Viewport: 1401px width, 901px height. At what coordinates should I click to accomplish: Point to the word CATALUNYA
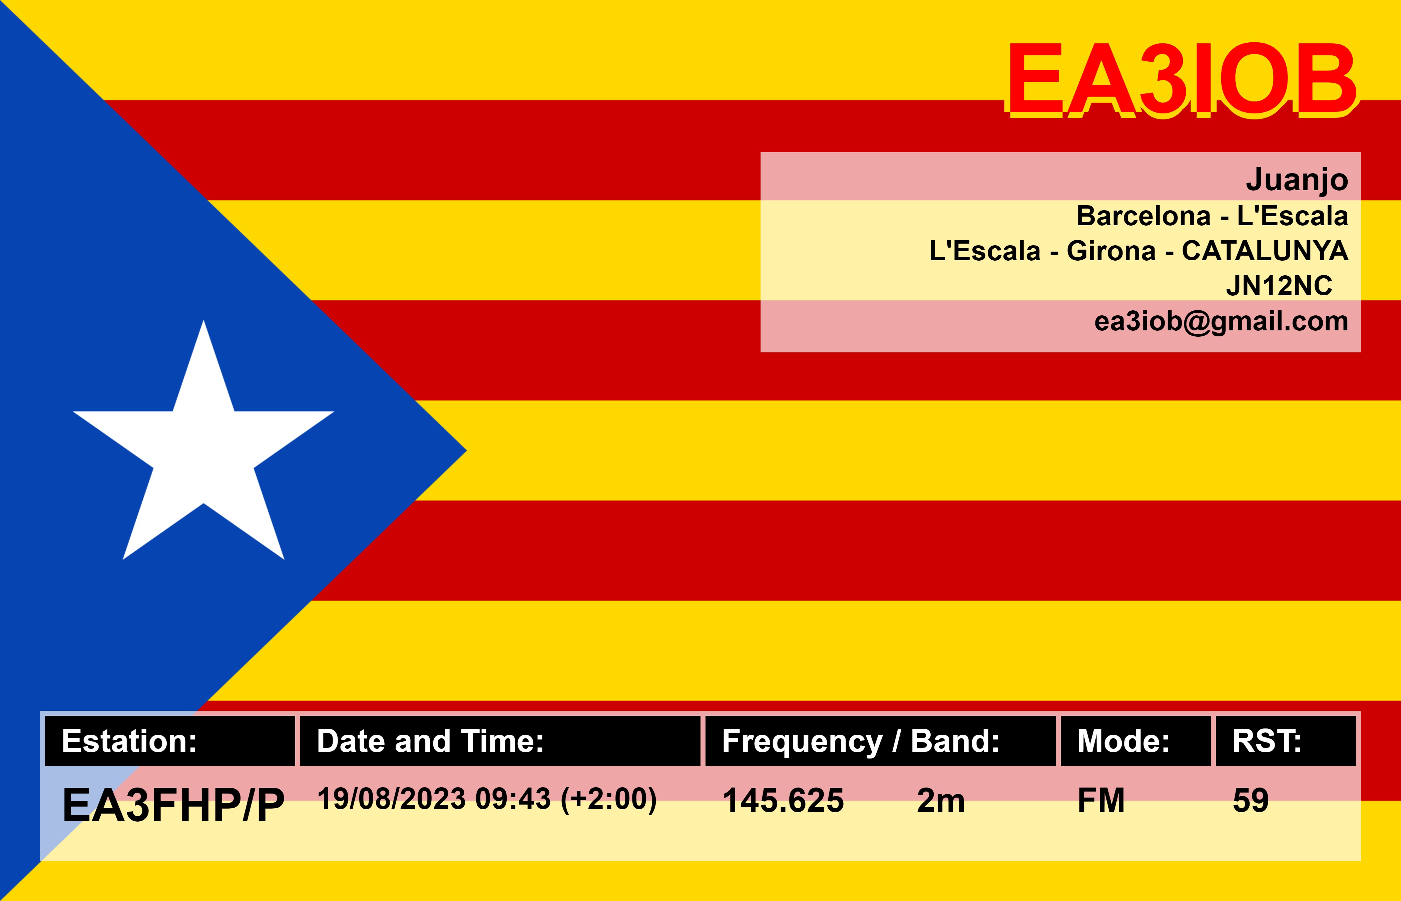(1265, 251)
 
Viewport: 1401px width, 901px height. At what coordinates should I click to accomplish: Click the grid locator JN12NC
(1279, 286)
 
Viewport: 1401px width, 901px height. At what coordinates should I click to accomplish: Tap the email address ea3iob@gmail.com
(1221, 322)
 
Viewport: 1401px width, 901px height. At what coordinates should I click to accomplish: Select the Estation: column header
(129, 741)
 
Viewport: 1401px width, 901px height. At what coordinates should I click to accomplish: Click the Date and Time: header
(430, 741)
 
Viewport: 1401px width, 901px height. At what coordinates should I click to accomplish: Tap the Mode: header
(1123, 741)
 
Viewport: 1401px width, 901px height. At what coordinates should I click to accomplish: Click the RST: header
(1267, 741)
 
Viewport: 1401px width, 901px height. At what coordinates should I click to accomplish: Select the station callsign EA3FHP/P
(173, 805)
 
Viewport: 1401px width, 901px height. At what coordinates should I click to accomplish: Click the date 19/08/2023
(391, 799)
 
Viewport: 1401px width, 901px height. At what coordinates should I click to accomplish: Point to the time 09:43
(513, 799)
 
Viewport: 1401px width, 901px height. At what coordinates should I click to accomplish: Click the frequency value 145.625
(783, 800)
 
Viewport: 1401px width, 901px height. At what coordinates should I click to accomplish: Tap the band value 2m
(941, 800)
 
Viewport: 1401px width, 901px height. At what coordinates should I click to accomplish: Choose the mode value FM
(1101, 800)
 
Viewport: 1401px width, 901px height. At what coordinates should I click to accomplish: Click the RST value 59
(1251, 800)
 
